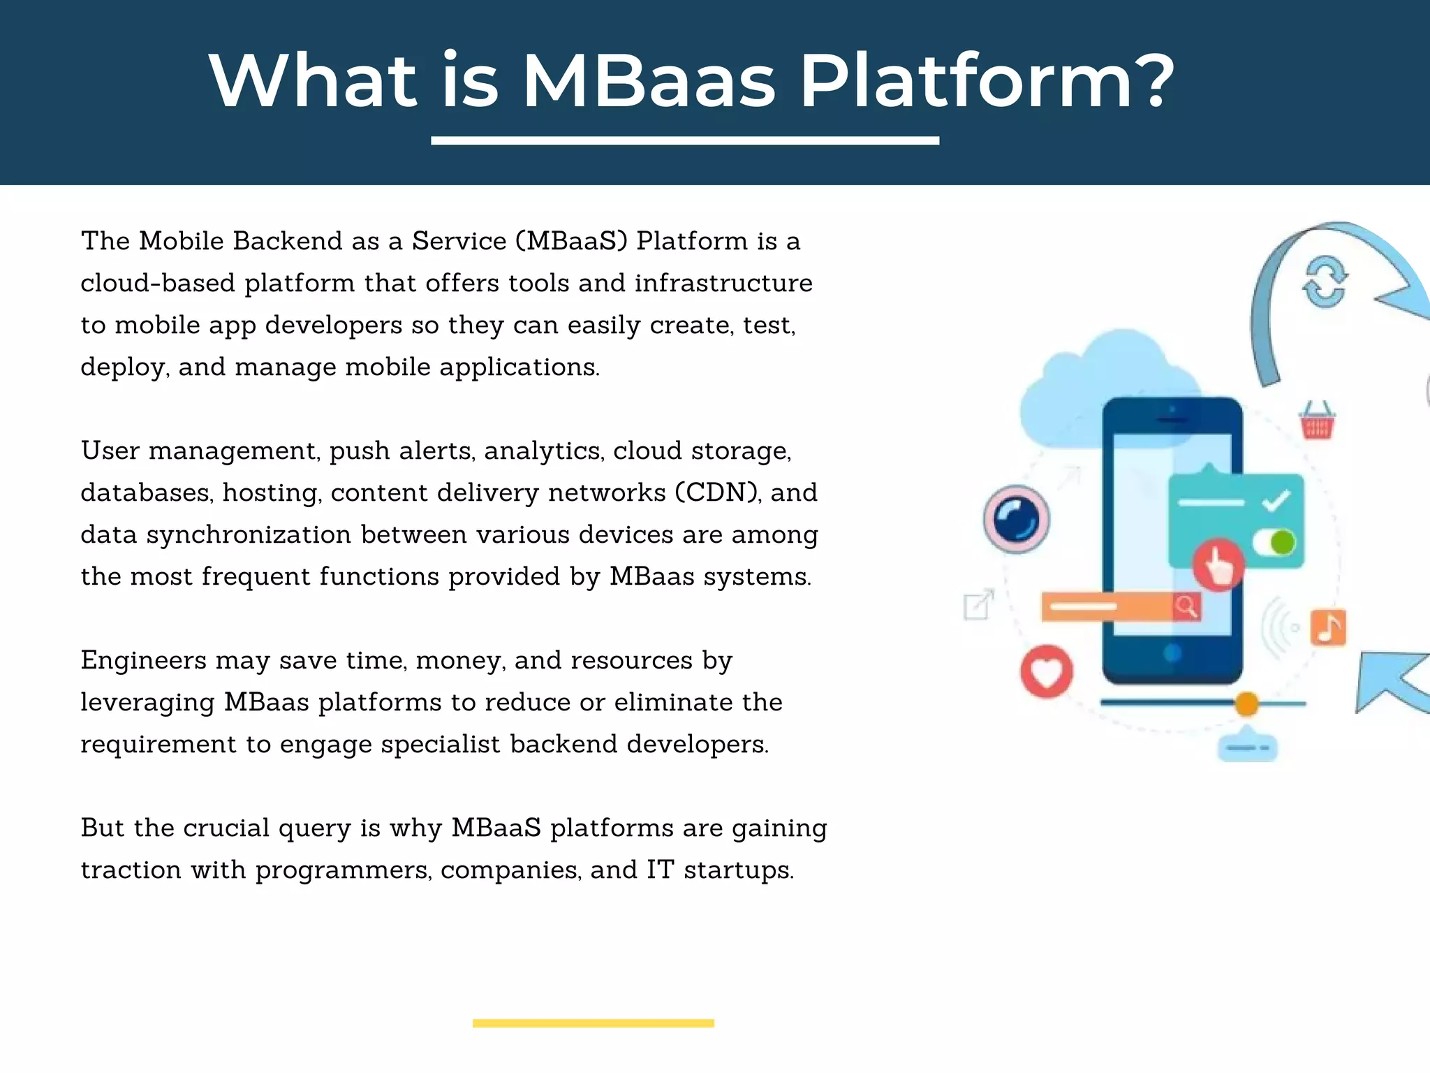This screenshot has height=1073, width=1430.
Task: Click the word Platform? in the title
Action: click(x=987, y=82)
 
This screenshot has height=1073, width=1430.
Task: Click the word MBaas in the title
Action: click(x=649, y=82)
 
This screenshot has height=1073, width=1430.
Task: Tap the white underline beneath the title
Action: click(x=684, y=141)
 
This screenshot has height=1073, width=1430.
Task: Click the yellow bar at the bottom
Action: click(x=593, y=1023)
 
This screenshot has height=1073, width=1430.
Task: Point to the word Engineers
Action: click(x=143, y=661)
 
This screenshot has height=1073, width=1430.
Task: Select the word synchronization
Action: click(x=248, y=535)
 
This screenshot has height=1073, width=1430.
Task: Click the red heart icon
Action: click(x=1046, y=672)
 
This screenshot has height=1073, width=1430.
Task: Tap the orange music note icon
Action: click(x=1328, y=627)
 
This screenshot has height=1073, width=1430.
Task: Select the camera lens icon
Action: click(x=1016, y=519)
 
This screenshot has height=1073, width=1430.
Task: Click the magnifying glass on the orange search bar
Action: click(x=1186, y=606)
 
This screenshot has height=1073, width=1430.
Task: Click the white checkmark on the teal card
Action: click(x=1276, y=501)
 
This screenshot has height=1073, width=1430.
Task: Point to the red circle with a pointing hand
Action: click(x=1218, y=564)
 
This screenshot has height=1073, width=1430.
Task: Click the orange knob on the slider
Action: click(x=1246, y=703)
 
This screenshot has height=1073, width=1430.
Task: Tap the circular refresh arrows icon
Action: click(x=1325, y=282)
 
